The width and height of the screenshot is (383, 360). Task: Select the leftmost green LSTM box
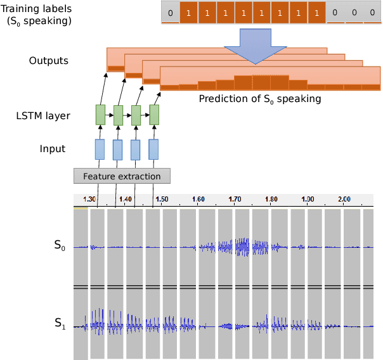coord(100,115)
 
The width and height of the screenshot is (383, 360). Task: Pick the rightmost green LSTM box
coord(153,115)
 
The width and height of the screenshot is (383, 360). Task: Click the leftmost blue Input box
coord(100,150)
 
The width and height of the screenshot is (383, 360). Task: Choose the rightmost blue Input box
coord(153,150)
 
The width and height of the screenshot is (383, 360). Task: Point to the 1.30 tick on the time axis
coord(89,199)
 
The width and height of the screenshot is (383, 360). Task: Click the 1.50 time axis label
coord(162,199)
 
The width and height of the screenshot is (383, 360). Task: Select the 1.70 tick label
coord(235,199)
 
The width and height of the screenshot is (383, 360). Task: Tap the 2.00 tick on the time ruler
coord(344,199)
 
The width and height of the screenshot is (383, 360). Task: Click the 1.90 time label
coord(308,199)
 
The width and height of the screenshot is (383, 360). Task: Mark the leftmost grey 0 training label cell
coord(170,13)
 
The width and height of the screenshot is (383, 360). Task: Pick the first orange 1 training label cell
coord(188,13)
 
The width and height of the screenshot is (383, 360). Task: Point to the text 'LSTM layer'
coord(43,116)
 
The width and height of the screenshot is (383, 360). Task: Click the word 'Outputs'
coord(49,61)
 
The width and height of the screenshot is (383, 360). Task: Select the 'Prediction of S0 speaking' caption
coord(260,99)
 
